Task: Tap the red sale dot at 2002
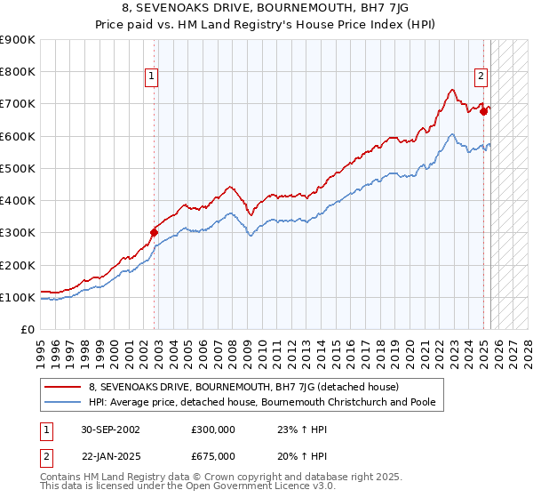pos(154,233)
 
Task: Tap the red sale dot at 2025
pos(484,112)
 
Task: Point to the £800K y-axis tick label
pos(18,71)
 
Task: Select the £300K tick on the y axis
pos(18,233)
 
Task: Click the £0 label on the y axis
pos(27,330)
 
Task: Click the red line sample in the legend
pos(62,388)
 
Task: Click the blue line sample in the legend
pos(62,403)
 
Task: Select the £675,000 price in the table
pos(214,456)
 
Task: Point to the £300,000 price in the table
pos(214,429)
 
